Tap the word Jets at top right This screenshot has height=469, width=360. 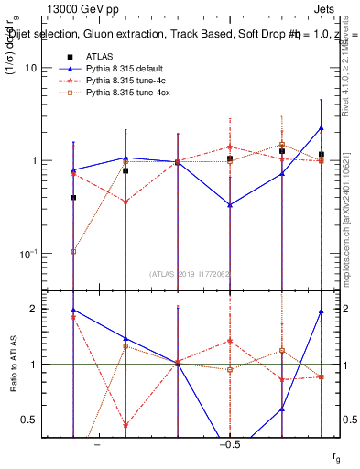click(x=311, y=10)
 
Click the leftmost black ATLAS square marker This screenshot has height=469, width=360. click(x=73, y=197)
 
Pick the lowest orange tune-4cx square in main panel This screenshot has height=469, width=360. click(x=73, y=251)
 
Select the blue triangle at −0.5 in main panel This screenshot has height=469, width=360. click(x=230, y=204)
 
